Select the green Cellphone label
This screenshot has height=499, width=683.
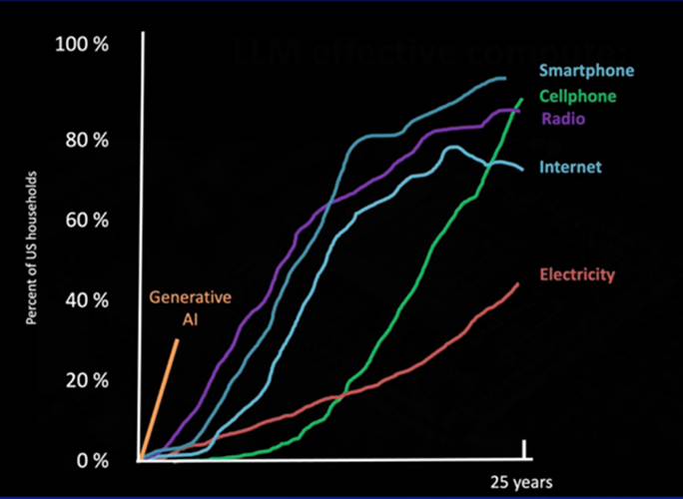point(578,97)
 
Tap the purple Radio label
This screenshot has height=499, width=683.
point(563,119)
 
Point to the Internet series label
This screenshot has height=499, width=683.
point(570,167)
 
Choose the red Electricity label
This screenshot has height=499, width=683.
point(577,274)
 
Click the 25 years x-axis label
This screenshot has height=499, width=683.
point(519,482)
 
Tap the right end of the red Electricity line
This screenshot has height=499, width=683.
point(518,283)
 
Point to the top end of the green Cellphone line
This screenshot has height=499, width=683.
point(521,99)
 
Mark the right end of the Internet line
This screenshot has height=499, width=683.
point(522,168)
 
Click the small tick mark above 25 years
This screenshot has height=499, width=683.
point(523,450)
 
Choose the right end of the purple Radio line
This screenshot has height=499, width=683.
point(519,110)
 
